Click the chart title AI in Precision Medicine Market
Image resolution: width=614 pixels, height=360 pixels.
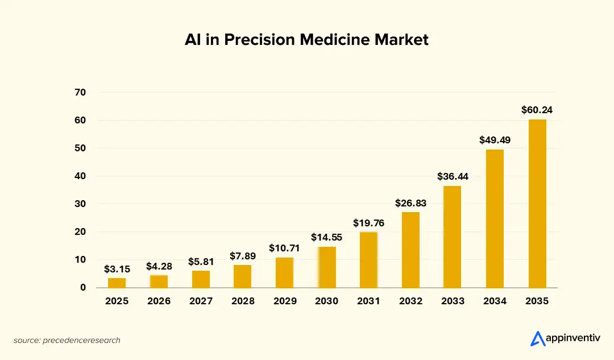[x=306, y=40]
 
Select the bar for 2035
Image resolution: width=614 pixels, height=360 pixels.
[x=537, y=203]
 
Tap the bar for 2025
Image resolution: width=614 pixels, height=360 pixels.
[x=117, y=283]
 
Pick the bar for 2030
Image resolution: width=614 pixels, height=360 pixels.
[x=327, y=267]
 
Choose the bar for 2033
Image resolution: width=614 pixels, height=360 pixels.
[x=453, y=237]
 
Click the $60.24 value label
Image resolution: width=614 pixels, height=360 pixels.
[x=537, y=110]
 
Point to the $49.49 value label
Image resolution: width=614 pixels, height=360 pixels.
[x=495, y=140]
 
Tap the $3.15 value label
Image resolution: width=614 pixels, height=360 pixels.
[x=117, y=269]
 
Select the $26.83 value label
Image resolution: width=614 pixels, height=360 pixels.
[x=411, y=203]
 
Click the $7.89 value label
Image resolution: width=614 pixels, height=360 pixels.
[x=243, y=256]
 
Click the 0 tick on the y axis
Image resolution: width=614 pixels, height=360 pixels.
[x=83, y=288]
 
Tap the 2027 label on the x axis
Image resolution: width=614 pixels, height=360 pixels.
[x=201, y=301]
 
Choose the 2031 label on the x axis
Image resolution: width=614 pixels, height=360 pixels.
[x=369, y=301]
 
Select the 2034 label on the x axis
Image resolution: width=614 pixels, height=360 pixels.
[x=495, y=301]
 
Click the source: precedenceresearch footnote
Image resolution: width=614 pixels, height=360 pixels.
[x=67, y=341]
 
